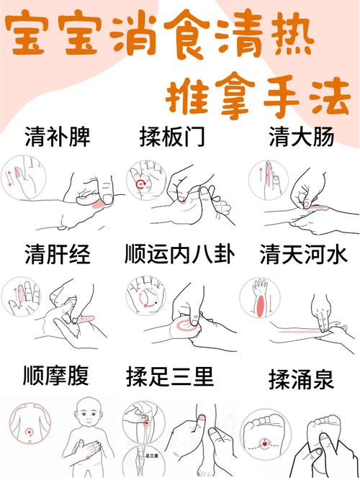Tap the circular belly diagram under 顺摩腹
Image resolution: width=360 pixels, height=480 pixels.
pos(28,427)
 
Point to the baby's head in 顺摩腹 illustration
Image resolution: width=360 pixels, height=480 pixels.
pos(91,417)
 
